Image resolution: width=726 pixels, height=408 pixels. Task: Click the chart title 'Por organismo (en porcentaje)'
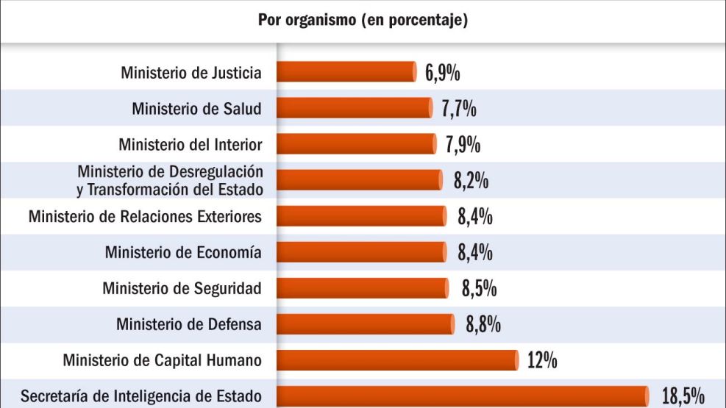pos(363,20)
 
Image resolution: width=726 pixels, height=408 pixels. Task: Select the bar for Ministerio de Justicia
pos(346,72)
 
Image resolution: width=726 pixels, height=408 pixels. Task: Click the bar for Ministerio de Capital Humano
pos(398,360)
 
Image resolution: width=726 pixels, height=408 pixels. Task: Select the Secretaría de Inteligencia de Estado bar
pos(463,396)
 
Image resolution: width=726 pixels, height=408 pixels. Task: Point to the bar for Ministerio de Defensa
pos(366,324)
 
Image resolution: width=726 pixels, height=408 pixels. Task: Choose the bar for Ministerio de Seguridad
pos(362,288)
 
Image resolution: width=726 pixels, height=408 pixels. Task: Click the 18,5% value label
pos(683,397)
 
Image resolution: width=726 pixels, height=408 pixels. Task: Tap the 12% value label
pos(542,360)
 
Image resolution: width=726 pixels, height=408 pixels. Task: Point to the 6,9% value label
pos(443,73)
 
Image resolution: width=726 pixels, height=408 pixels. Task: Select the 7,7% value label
pos(459,109)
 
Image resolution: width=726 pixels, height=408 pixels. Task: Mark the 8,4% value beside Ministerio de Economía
pos(474,253)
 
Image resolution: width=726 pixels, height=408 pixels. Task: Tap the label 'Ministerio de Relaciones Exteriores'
pos(145,217)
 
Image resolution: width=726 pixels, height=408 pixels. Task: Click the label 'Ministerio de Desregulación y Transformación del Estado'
pos(170,180)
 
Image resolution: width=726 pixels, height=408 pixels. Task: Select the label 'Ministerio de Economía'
pos(183,253)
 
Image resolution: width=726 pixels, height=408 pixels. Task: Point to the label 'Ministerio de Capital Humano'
pos(162,360)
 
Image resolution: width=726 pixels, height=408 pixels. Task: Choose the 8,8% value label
pos(483,324)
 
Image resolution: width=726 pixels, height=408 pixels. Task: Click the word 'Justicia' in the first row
pos(235,73)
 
